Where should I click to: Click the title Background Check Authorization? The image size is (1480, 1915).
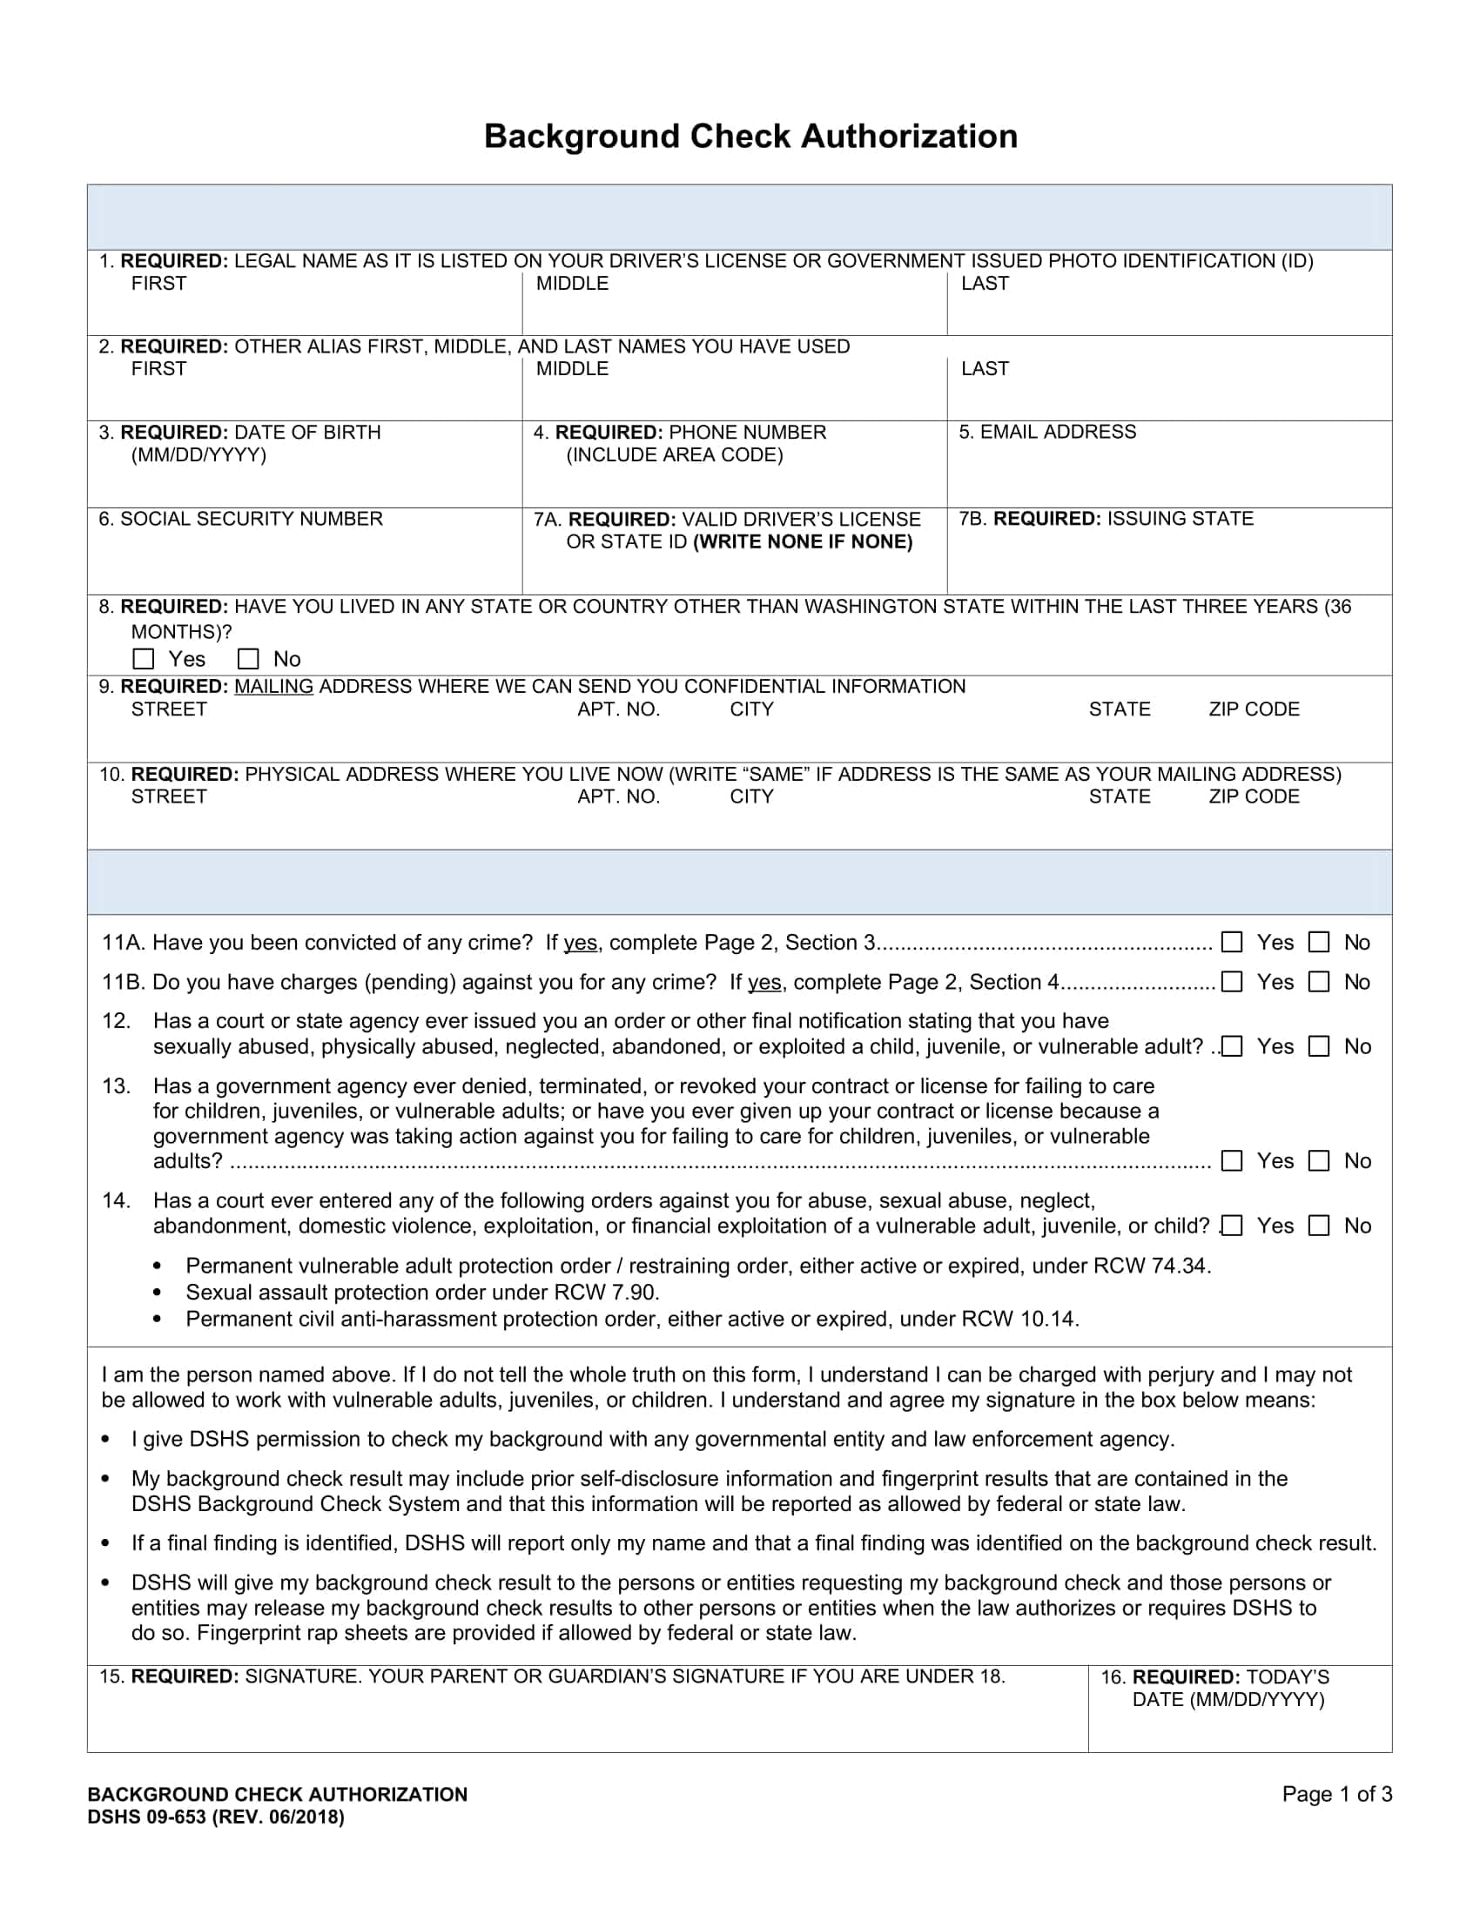(x=750, y=137)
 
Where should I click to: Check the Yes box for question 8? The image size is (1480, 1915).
(x=143, y=659)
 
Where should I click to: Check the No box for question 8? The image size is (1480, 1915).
(x=249, y=659)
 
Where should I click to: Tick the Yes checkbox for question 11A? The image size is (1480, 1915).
(x=1232, y=942)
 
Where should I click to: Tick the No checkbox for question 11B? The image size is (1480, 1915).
(x=1319, y=981)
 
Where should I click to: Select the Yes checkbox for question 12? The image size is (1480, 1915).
(x=1232, y=1046)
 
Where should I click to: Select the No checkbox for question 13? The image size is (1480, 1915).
(x=1319, y=1160)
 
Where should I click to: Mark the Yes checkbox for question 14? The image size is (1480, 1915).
(x=1232, y=1225)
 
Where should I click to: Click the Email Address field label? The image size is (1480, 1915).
(x=1046, y=432)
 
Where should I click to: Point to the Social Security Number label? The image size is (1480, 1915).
(x=240, y=519)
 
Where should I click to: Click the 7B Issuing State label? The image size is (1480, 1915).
(x=1106, y=518)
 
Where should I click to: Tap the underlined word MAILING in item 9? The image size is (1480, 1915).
(x=273, y=687)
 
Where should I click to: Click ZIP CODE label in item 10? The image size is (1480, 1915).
(x=1253, y=796)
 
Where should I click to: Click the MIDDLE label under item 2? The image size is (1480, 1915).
(x=572, y=369)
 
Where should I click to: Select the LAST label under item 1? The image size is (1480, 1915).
(x=985, y=283)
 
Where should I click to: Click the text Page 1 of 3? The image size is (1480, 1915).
(x=1336, y=1794)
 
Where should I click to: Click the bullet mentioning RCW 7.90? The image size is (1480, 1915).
(x=421, y=1293)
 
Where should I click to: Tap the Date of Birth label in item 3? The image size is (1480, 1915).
(x=250, y=433)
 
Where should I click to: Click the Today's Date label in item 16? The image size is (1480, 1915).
(x=1228, y=1688)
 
